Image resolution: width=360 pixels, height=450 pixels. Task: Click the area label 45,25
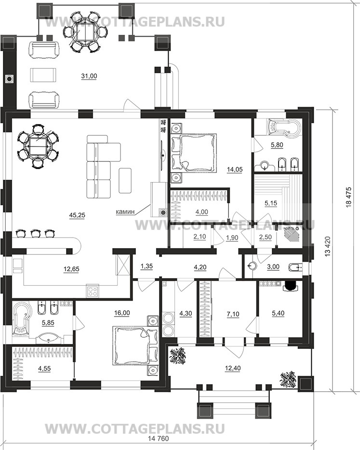(77, 215)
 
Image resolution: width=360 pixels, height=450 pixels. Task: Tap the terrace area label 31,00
(89, 76)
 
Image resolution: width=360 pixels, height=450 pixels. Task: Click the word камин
(125, 212)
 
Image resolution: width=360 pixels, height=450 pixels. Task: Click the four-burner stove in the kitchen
(93, 291)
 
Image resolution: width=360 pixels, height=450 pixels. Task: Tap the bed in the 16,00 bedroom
(136, 345)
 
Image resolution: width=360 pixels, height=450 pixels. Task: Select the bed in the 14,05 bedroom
(193, 152)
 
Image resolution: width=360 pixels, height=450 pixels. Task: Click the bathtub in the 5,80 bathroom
(283, 127)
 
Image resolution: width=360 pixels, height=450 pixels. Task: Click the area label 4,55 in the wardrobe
(44, 369)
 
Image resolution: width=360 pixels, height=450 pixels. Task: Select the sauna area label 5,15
(271, 203)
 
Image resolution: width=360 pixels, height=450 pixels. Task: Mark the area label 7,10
(233, 314)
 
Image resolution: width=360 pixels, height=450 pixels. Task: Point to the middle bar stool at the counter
(35, 233)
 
